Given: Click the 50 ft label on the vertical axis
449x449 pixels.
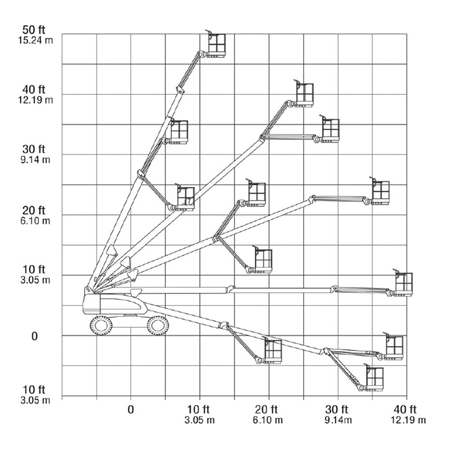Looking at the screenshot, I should coord(34,31).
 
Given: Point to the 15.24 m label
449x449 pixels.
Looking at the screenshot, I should coord(36,40).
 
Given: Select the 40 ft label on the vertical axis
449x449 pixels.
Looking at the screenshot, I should coord(34,90).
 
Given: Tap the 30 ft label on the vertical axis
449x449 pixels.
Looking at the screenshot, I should coord(34,149).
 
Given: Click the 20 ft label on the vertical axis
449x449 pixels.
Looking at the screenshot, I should coord(34,210).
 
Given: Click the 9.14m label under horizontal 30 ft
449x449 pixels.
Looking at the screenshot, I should coord(339,420).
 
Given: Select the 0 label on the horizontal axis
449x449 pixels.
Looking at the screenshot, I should coord(131,409).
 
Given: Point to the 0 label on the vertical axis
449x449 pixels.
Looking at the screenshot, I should coord(34,336).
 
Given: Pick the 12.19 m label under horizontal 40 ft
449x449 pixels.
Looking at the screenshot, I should coord(408,420).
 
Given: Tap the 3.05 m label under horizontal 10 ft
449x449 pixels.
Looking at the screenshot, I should coord(199,420).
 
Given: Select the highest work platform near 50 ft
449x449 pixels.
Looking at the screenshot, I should coord(217,45).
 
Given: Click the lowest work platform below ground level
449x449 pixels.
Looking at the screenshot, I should coord(375,378).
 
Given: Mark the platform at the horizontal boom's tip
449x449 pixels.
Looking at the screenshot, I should coord(403,284).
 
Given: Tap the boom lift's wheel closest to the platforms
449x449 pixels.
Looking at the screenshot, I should coord(158,325).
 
